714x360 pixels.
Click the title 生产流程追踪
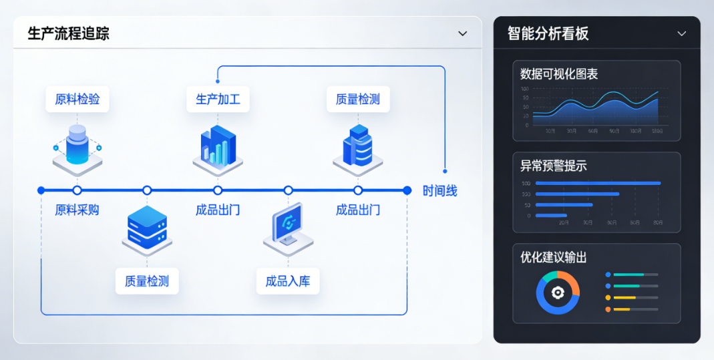(x=68, y=33)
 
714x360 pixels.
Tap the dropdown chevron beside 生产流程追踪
(x=462, y=33)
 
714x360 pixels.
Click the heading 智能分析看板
(x=548, y=33)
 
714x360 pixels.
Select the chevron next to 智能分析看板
(x=681, y=33)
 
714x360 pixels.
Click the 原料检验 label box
(x=77, y=100)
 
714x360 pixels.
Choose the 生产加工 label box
(x=218, y=100)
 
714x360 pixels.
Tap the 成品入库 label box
(x=288, y=281)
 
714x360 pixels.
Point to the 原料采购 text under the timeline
(x=77, y=210)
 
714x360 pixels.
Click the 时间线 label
(x=439, y=191)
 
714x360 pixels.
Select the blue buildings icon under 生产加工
(x=218, y=147)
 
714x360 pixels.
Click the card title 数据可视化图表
(x=559, y=74)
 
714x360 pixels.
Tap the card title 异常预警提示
(x=554, y=166)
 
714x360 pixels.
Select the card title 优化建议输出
(x=554, y=257)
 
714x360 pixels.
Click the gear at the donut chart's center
(x=558, y=293)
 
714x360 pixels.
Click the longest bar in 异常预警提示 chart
(x=598, y=183)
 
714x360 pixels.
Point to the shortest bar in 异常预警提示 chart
(x=551, y=215)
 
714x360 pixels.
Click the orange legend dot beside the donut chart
(x=608, y=309)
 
